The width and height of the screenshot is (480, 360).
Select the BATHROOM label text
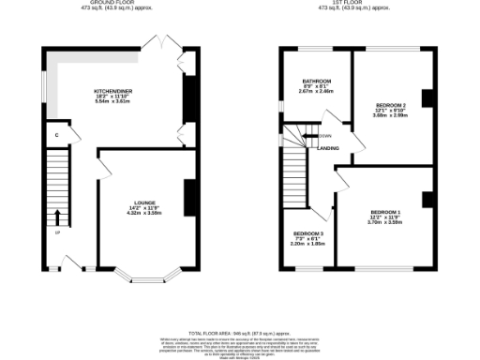[310, 82]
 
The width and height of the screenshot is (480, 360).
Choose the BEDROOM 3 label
[308, 232]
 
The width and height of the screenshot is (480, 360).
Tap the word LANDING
[328, 148]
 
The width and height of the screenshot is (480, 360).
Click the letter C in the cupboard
[57, 136]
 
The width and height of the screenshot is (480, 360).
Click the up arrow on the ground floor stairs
[57, 217]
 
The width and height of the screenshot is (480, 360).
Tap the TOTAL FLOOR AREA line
[240, 334]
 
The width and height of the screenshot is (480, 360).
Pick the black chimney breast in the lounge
[190, 197]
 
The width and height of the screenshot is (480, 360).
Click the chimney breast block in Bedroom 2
[427, 99]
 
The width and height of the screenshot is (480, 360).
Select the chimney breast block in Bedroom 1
[427, 198]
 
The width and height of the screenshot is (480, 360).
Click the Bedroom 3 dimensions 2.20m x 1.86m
[308, 244]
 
